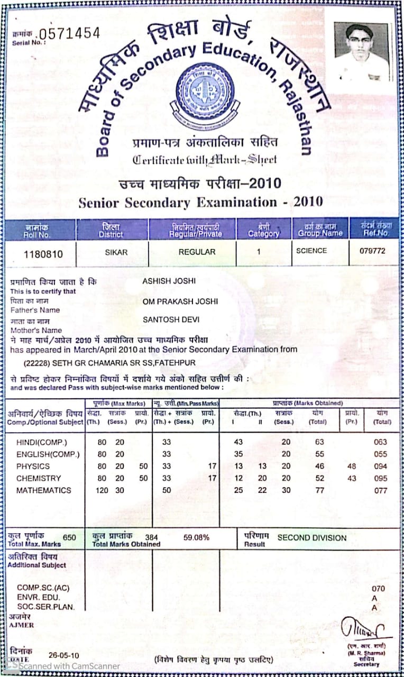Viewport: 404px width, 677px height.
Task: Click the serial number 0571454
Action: click(x=70, y=33)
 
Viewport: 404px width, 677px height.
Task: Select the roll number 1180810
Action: click(x=43, y=254)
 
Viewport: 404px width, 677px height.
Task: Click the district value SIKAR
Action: click(x=117, y=252)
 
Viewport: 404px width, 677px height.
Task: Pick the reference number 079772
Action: click(x=372, y=251)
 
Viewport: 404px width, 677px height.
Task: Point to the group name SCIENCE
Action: click(x=311, y=251)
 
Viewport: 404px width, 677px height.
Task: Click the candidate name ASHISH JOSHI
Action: click(x=169, y=281)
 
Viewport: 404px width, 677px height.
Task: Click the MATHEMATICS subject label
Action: click(x=43, y=490)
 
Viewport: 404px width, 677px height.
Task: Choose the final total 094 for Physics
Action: click(x=380, y=466)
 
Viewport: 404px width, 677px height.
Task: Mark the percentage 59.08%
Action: click(x=196, y=538)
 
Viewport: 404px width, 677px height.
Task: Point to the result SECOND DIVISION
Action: click(x=312, y=537)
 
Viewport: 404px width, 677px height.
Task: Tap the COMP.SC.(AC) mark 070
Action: click(x=378, y=588)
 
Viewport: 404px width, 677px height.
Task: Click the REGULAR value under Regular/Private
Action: click(x=197, y=252)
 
